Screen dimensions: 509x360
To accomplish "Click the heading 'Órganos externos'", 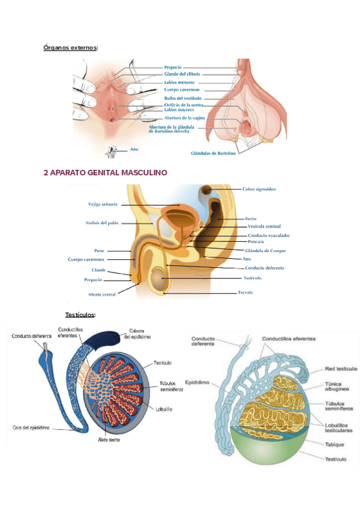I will point(70,47).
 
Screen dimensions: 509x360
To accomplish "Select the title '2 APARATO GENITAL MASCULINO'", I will point(105,172).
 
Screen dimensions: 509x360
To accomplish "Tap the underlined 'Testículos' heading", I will point(80,315).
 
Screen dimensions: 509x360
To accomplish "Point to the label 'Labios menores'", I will point(179,82).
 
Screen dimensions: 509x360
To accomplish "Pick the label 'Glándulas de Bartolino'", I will point(214,153).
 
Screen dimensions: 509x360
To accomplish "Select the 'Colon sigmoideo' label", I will point(259,189).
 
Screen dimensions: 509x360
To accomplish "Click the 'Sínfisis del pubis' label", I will point(102,223).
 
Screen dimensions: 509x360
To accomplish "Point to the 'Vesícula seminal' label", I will point(265,226).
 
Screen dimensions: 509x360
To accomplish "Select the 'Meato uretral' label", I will point(102,294).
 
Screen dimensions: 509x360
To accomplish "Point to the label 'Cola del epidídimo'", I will point(31,427).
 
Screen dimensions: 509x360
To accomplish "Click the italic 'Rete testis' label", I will point(109,439).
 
